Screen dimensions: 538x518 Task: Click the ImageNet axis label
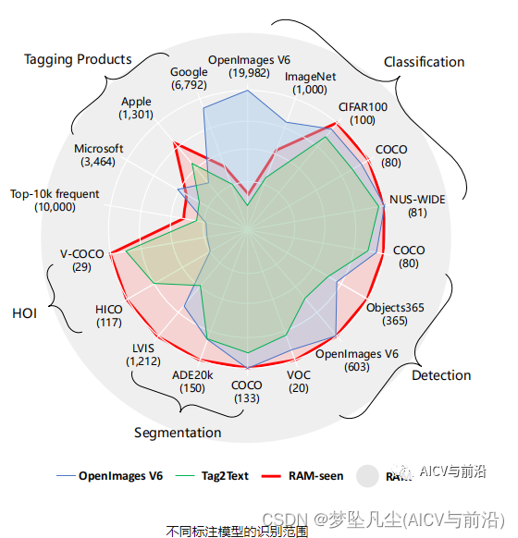[310, 82]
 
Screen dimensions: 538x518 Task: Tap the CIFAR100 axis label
[363, 113]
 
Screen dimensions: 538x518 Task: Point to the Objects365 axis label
[394, 314]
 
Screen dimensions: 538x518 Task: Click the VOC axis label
[299, 381]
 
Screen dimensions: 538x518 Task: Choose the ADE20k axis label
[193, 381]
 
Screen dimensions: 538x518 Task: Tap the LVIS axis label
[143, 354]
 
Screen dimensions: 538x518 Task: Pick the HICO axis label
[109, 315]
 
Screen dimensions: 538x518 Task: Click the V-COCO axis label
[81, 260]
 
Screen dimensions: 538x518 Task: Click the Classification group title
[424, 62]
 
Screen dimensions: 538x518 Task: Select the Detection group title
[441, 374]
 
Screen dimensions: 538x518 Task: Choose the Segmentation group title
[178, 432]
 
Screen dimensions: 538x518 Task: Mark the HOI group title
[24, 313]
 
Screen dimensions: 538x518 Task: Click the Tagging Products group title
[78, 59]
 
